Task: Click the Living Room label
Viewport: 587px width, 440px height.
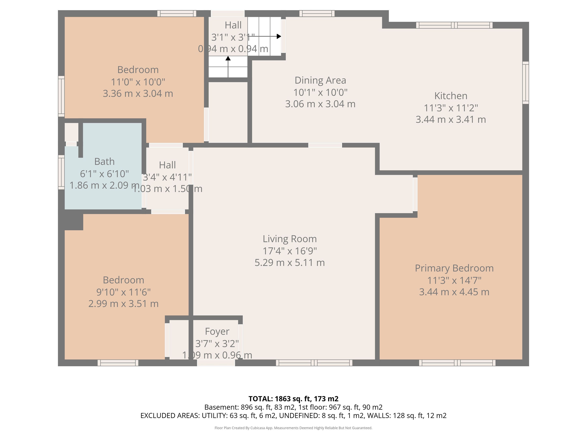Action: tap(290, 239)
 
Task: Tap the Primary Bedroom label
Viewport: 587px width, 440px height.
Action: tap(454, 268)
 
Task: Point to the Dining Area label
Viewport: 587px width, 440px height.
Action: tap(320, 80)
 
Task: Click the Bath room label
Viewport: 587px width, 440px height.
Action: tap(104, 161)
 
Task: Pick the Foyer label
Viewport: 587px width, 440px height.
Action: tap(217, 331)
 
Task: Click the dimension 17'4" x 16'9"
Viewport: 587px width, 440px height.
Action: tap(290, 251)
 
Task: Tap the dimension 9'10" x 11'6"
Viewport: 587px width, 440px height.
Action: tap(123, 292)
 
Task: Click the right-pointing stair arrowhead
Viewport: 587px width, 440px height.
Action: tap(279, 36)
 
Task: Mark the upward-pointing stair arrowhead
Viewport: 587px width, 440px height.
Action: tap(228, 58)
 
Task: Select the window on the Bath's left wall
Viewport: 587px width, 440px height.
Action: tap(61, 172)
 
